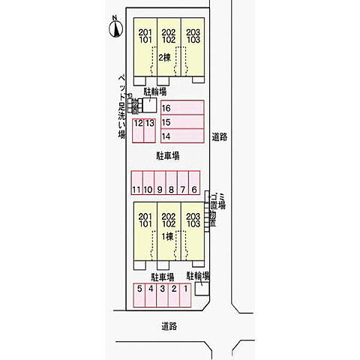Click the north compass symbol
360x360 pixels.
[x=115, y=29]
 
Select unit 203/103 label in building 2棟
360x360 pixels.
[x=193, y=36]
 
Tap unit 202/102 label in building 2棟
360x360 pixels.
[x=169, y=36]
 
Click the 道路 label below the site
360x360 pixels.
[x=169, y=326]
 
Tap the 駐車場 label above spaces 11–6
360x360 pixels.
[x=167, y=157]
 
